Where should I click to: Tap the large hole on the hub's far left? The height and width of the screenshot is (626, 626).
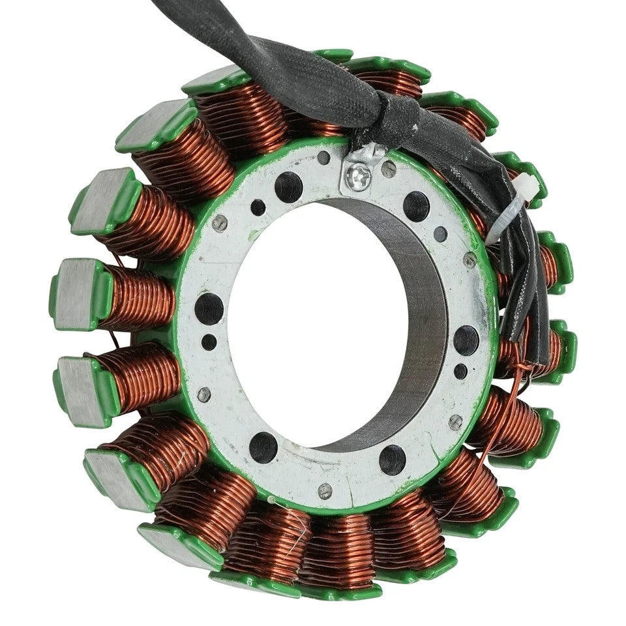coord(209,308)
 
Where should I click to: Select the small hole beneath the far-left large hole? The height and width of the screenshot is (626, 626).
coord(209,341)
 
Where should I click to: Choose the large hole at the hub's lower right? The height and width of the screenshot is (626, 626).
coord(393,459)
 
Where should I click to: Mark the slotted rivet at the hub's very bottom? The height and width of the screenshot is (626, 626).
coord(324,490)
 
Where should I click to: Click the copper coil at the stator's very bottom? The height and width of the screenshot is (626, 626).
coord(333,551)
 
